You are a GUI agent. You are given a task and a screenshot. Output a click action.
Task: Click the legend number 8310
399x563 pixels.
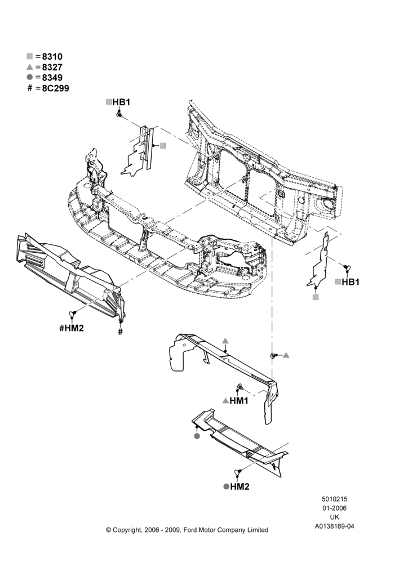pos(52,57)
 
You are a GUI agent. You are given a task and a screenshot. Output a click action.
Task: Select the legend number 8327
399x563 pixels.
pos(52,67)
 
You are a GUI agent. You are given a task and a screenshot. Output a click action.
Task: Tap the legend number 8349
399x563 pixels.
pos(52,78)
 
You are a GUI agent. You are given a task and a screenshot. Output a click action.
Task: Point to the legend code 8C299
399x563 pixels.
pos(55,88)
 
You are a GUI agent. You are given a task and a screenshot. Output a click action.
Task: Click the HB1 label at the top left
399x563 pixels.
pos(121,102)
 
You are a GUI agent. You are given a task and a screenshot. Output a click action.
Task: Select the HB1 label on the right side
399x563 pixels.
pos(351,282)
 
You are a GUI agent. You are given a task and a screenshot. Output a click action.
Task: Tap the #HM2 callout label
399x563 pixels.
pos(72,328)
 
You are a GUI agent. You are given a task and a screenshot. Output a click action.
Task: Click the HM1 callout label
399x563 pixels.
pos(239,400)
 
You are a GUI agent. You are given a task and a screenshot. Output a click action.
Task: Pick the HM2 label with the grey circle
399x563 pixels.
pos(240,486)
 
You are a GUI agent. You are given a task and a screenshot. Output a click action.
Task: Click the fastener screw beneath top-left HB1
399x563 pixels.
pos(119,114)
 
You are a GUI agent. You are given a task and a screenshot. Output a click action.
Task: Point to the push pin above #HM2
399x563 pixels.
pos(73,314)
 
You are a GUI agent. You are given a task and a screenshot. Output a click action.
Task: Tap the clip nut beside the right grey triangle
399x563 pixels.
pos(273,355)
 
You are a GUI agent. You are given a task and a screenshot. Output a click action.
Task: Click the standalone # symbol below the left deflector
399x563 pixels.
pos(121,332)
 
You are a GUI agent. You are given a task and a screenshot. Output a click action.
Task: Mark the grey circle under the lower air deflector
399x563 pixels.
pos(197,436)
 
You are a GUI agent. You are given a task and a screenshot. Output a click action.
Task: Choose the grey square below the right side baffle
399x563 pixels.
pos(316,297)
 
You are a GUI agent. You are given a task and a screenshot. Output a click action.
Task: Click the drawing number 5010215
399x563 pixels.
pos(334,499)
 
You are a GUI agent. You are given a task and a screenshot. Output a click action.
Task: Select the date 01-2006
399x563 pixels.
pos(334,508)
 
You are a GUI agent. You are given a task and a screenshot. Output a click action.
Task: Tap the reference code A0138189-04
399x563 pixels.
pos(335,526)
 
